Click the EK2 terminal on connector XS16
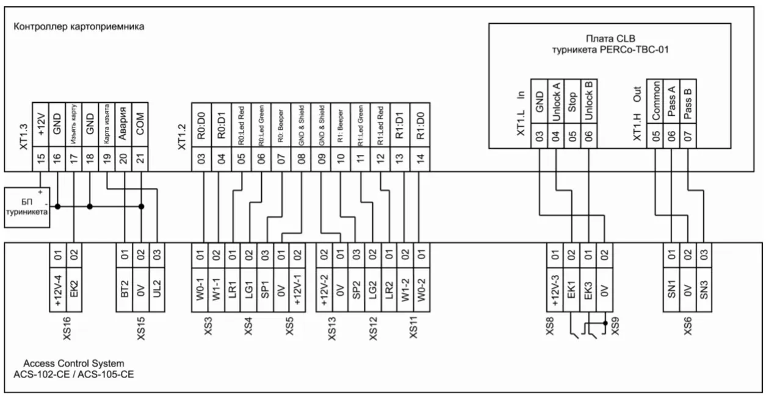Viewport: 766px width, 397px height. (74, 287)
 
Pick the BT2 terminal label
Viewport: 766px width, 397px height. (125, 287)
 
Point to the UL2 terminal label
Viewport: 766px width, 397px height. (157, 287)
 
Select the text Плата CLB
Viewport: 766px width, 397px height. (609, 39)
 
